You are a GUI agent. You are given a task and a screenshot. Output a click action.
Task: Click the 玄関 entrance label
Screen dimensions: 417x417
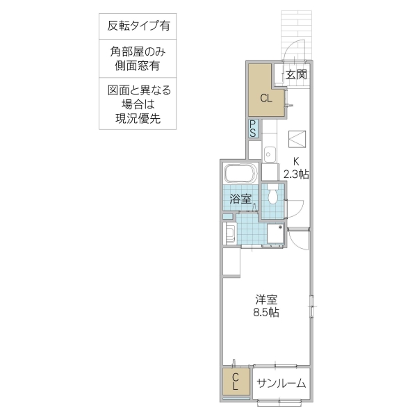pos(296,74)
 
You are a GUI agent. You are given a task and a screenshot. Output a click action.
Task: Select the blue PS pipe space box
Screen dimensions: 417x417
pos(254,129)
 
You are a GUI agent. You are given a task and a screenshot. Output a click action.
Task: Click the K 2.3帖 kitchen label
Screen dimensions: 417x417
pos(295,168)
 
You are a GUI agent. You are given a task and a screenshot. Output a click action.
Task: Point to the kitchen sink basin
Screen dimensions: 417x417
pos(270,153)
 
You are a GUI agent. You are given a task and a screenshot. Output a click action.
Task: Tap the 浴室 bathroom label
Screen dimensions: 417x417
pos(241,199)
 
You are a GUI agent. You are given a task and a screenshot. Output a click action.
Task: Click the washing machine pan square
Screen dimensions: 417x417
pos(274,235)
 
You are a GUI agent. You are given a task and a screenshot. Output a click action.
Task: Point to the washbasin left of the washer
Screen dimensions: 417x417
pos(229,232)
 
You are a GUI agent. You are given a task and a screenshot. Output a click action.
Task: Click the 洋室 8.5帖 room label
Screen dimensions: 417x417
pos(266,306)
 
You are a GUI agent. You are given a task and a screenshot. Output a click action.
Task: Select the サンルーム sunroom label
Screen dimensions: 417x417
pos(281,383)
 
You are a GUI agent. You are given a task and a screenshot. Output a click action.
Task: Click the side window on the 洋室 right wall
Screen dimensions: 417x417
pos(311,303)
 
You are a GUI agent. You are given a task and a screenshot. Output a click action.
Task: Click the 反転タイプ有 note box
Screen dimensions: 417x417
pos(138,27)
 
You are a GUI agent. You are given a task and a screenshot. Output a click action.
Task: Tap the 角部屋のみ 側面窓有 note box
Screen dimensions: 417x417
pos(138,58)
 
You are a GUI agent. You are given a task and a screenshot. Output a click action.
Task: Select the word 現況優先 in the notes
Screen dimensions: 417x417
pos(138,118)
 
